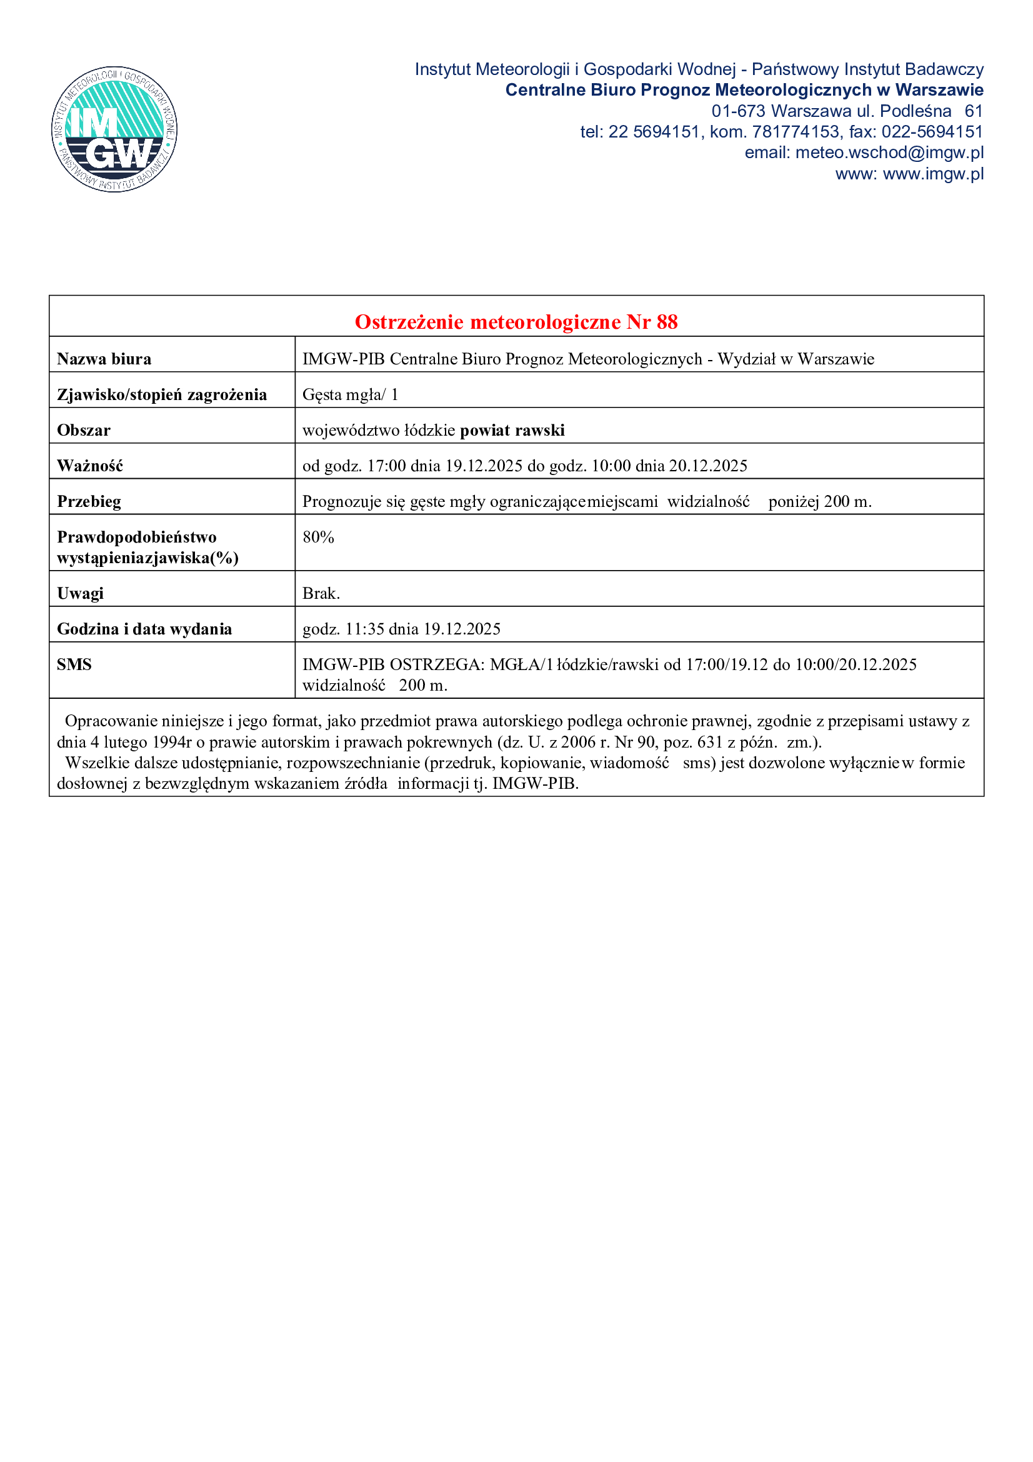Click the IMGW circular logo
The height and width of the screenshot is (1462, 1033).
coord(114,129)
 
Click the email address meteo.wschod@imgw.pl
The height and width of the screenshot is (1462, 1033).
coord(889,153)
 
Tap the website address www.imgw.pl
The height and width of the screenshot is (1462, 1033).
coord(933,174)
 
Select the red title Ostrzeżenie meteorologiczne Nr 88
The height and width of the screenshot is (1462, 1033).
coord(516,322)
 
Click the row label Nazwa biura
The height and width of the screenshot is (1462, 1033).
coord(104,359)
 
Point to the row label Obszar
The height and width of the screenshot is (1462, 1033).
coord(84,431)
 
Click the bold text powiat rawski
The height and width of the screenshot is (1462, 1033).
coord(512,431)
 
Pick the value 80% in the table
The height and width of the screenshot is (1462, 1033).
coord(318,538)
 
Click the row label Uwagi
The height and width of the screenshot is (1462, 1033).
coord(80,593)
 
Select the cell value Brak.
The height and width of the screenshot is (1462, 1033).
coord(321,593)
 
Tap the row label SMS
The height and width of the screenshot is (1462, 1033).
coord(74,665)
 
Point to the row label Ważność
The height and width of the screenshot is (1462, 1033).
coord(90,466)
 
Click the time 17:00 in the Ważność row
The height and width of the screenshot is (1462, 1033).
coord(386,466)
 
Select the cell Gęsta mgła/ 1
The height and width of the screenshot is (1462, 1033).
coord(350,395)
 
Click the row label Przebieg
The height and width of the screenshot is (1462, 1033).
coord(89,502)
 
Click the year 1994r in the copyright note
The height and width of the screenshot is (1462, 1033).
coord(172,743)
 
